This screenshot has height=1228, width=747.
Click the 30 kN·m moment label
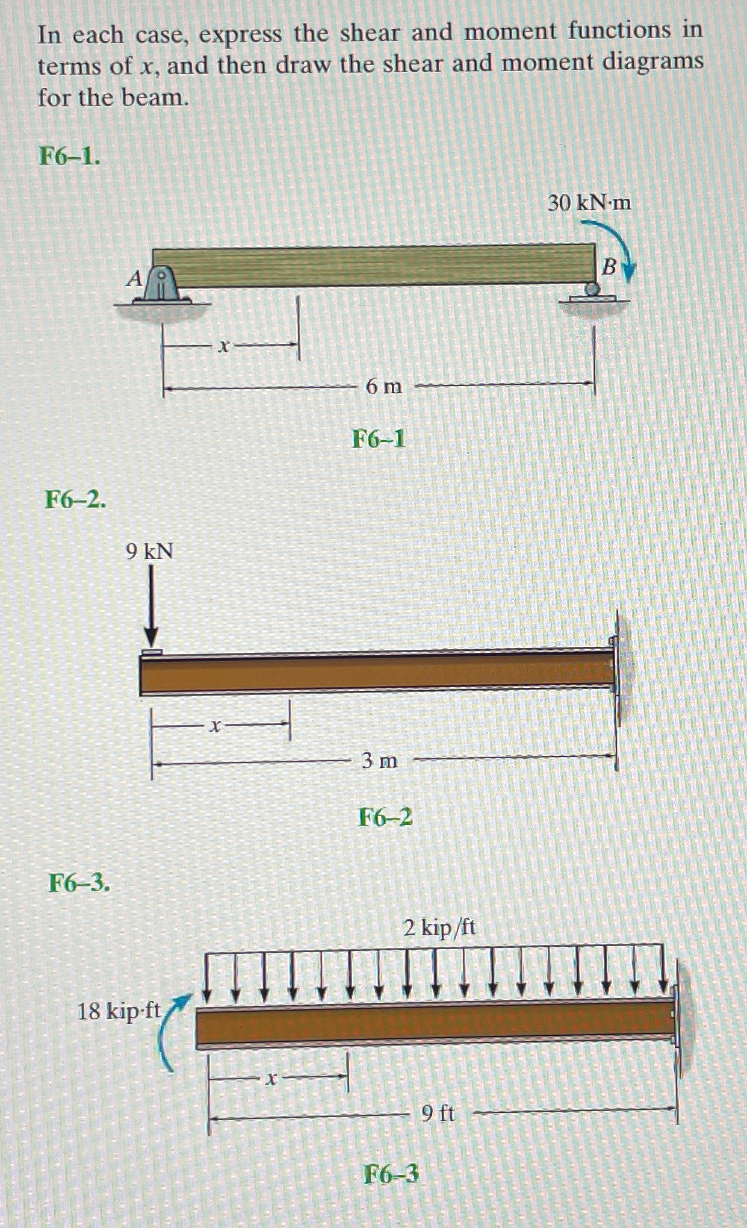point(589,203)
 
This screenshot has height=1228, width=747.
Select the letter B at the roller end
point(610,266)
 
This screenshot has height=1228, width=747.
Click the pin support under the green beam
point(161,285)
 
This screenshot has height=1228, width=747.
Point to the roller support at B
point(593,292)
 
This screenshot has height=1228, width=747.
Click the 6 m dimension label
point(383,386)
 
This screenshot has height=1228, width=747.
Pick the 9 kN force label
point(150,550)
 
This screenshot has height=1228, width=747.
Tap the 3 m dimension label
point(379,761)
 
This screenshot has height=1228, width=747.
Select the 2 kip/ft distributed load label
point(439,927)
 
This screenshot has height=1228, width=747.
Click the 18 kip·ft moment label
point(119,1011)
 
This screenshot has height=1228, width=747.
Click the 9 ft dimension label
point(438,1114)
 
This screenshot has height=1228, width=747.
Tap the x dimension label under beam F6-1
point(223,346)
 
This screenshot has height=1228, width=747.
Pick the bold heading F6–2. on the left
point(76,499)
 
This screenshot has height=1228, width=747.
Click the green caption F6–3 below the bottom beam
point(391,1174)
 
